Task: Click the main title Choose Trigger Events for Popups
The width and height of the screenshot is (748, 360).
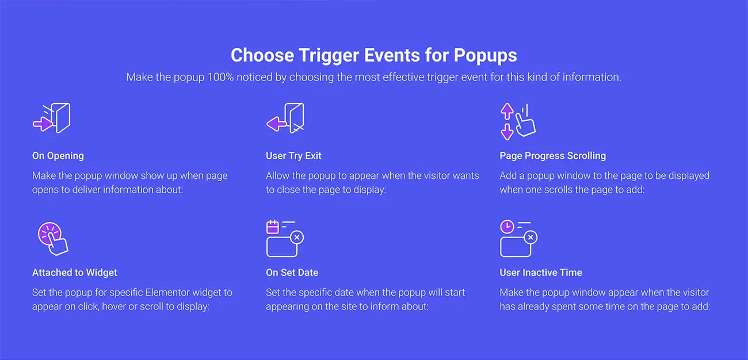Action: (373, 55)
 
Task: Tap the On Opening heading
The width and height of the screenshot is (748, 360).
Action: (58, 156)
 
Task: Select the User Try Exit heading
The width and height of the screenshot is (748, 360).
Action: (293, 156)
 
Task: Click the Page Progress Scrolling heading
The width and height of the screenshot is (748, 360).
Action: (552, 156)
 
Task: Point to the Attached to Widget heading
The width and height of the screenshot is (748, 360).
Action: (74, 273)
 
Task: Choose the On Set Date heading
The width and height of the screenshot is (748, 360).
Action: (292, 273)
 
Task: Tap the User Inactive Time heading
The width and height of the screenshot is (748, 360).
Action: (541, 273)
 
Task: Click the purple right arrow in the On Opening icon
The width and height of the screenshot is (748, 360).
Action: (43, 124)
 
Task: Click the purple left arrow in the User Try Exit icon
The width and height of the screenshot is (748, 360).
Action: (276, 124)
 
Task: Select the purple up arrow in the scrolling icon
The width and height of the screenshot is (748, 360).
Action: (507, 111)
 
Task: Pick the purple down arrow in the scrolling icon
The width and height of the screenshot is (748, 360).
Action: (507, 132)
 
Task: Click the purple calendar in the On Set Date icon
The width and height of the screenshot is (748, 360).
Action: (273, 227)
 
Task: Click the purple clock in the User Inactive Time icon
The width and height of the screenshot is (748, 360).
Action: (507, 227)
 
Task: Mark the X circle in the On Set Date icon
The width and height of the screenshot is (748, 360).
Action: (297, 237)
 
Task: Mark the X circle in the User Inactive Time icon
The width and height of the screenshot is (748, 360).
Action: (531, 237)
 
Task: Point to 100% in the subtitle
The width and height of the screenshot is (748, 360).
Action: (220, 77)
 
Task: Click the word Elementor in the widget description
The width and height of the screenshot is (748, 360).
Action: (167, 293)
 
